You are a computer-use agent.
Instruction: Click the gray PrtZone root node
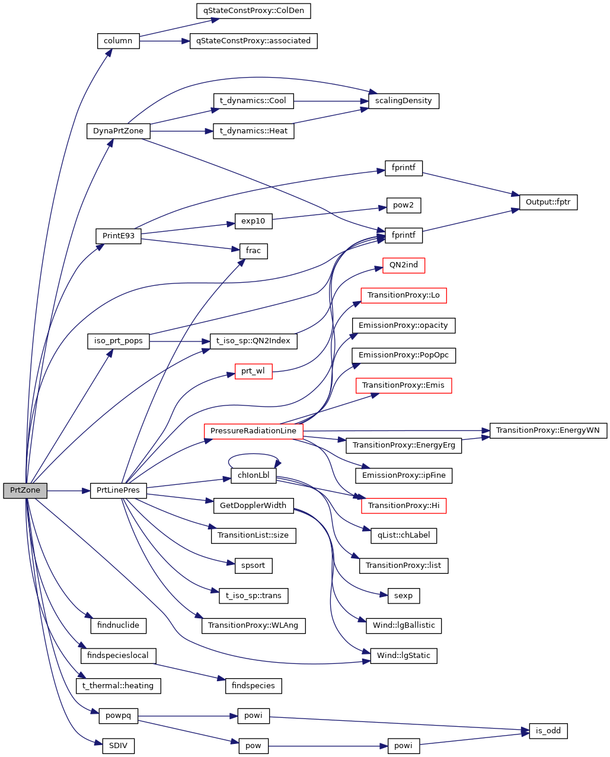coord(25,490)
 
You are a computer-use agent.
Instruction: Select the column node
coord(118,41)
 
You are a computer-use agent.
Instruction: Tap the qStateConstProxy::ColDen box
coord(253,11)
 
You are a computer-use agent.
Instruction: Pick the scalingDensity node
coord(403,101)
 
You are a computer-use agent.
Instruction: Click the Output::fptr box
coord(548,202)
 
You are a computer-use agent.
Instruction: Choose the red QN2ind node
coord(404,265)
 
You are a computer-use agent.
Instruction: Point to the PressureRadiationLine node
coord(253,431)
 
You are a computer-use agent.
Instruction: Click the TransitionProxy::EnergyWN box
coord(548,430)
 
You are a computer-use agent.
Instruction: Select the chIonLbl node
coord(253,475)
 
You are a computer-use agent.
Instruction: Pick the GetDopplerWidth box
coord(253,506)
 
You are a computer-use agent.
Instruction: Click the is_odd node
coord(548,731)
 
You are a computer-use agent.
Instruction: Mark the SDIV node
coord(118,746)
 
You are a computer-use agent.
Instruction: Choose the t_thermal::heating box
coord(118,686)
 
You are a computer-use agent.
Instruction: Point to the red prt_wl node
coord(253,371)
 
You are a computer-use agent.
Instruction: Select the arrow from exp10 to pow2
coord(326,213)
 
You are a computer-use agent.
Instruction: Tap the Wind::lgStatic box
coord(404,656)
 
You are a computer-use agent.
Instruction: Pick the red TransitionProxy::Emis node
coord(403,385)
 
